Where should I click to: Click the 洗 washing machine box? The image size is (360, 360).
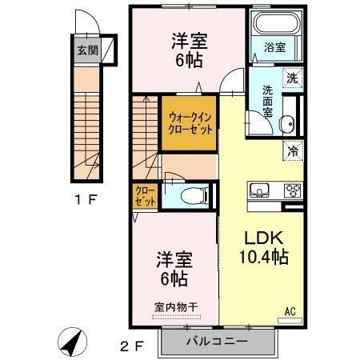tap(293, 78)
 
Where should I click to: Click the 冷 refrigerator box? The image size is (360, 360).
tap(292, 149)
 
